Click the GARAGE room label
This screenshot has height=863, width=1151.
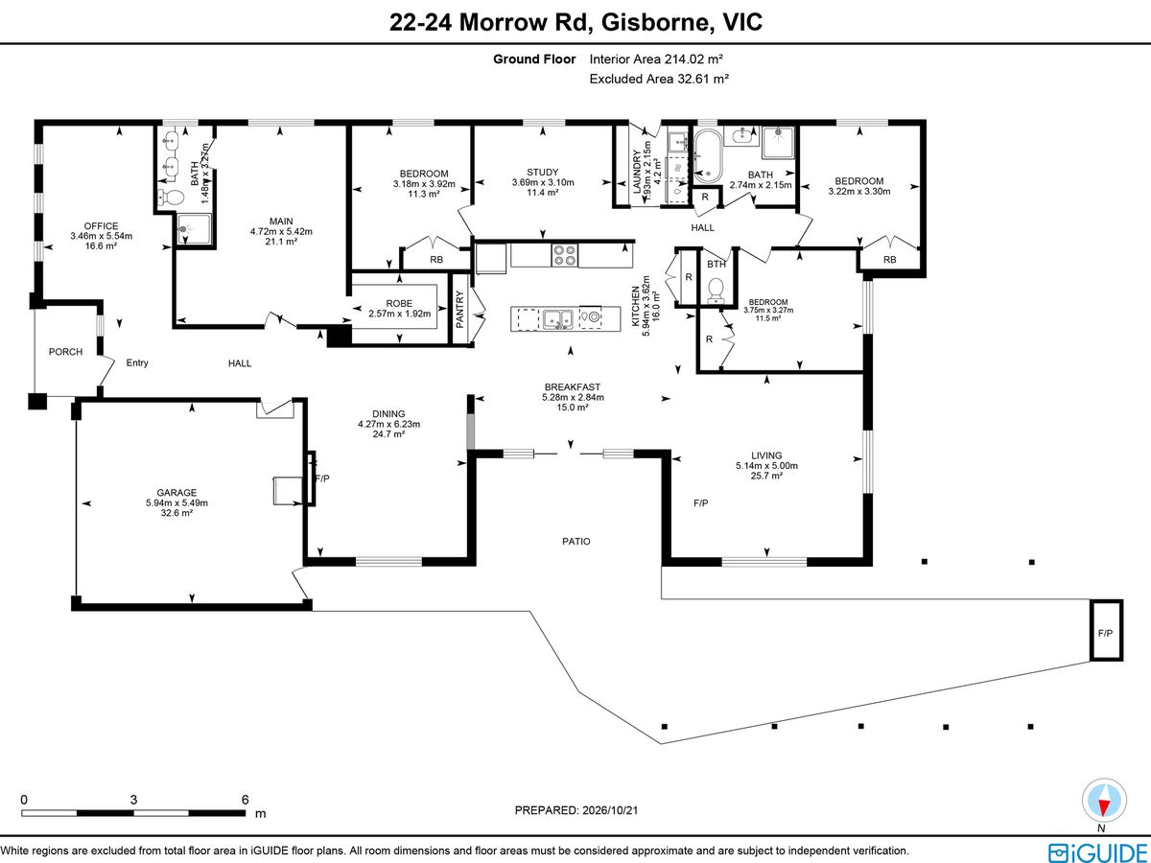[x=176, y=493]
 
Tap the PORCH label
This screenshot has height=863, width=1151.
[x=65, y=352]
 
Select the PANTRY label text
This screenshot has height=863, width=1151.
[x=459, y=310]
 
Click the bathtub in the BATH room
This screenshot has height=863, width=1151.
[x=709, y=156]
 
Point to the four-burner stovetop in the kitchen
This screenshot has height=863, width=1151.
[x=564, y=255]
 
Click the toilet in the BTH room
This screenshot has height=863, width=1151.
[x=716, y=291]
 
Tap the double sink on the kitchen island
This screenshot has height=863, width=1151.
[x=557, y=318]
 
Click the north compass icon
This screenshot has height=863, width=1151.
[x=1104, y=802]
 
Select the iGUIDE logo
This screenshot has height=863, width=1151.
[x=1097, y=851]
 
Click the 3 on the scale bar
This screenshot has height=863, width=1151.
[x=133, y=800]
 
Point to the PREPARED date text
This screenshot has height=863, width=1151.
[x=576, y=810]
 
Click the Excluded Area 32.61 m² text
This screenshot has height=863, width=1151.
[x=659, y=79]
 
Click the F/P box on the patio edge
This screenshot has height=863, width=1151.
[x=1106, y=630]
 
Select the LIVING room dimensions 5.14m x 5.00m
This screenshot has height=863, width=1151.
[x=766, y=466]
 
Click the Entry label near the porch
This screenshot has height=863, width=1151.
[x=137, y=362]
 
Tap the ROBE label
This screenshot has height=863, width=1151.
[x=399, y=303]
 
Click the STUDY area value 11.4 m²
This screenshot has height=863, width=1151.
[x=543, y=193]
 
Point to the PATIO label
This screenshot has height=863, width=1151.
[x=576, y=541]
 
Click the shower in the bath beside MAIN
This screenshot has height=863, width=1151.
[x=194, y=229]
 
